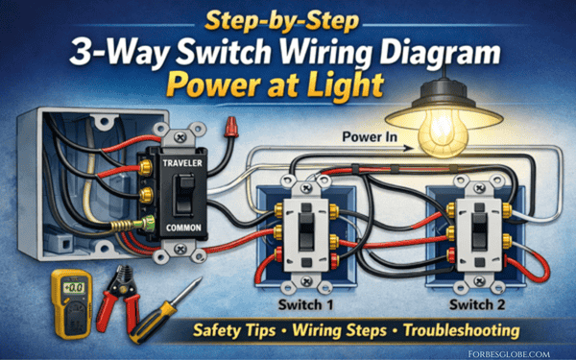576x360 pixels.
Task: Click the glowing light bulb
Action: point(444,132)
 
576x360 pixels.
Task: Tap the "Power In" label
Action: point(370,137)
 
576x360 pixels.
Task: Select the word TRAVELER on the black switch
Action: point(182,163)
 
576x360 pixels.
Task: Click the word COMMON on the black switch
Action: point(183,228)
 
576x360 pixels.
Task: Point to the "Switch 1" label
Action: point(305,304)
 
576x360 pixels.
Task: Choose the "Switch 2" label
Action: point(477,304)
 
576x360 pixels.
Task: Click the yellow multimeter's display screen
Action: point(73,287)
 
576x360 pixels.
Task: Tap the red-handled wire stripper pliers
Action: point(118,299)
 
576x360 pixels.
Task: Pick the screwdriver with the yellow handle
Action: point(165,311)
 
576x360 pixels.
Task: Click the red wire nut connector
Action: point(230,127)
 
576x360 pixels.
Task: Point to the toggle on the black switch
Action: point(183,194)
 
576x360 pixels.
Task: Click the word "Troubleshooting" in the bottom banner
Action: point(462,330)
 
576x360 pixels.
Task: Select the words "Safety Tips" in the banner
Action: point(234,330)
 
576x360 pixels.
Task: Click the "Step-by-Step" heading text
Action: point(281,21)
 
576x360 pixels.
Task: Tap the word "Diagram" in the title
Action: point(440,53)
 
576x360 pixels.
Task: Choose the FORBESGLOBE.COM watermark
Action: point(509,354)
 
